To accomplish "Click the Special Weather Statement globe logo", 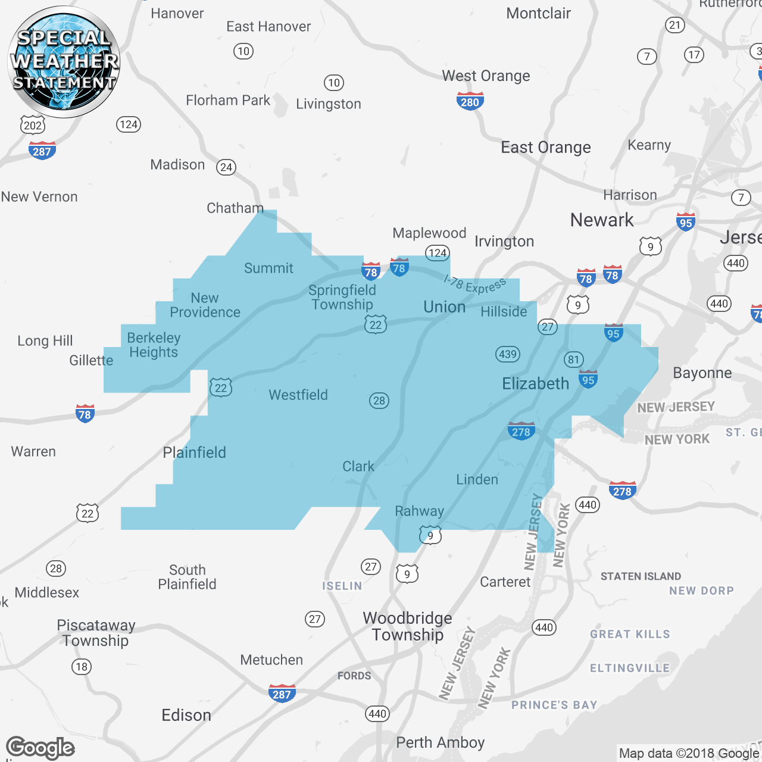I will [x=64, y=61].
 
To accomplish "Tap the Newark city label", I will [x=602, y=220].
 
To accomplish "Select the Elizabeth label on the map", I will [x=535, y=383].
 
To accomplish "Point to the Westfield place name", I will [x=298, y=395].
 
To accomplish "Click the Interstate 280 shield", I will [x=470, y=101].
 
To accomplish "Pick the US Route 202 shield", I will [x=33, y=125].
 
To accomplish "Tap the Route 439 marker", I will [x=508, y=354].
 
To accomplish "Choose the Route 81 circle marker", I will [x=573, y=359].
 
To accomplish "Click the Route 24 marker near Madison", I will [x=226, y=167].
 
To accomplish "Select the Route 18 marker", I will [x=82, y=667].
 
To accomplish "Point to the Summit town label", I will [x=268, y=268].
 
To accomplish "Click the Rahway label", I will [x=419, y=511].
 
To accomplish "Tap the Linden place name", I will [x=477, y=479].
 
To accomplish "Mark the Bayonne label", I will [x=702, y=373].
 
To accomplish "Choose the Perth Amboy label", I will [x=440, y=742].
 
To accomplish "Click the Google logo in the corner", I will [x=40, y=748].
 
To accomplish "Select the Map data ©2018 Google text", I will [x=689, y=753].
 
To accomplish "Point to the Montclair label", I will [x=538, y=13].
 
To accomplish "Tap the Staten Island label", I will [x=641, y=576].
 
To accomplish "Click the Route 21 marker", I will [x=674, y=25].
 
